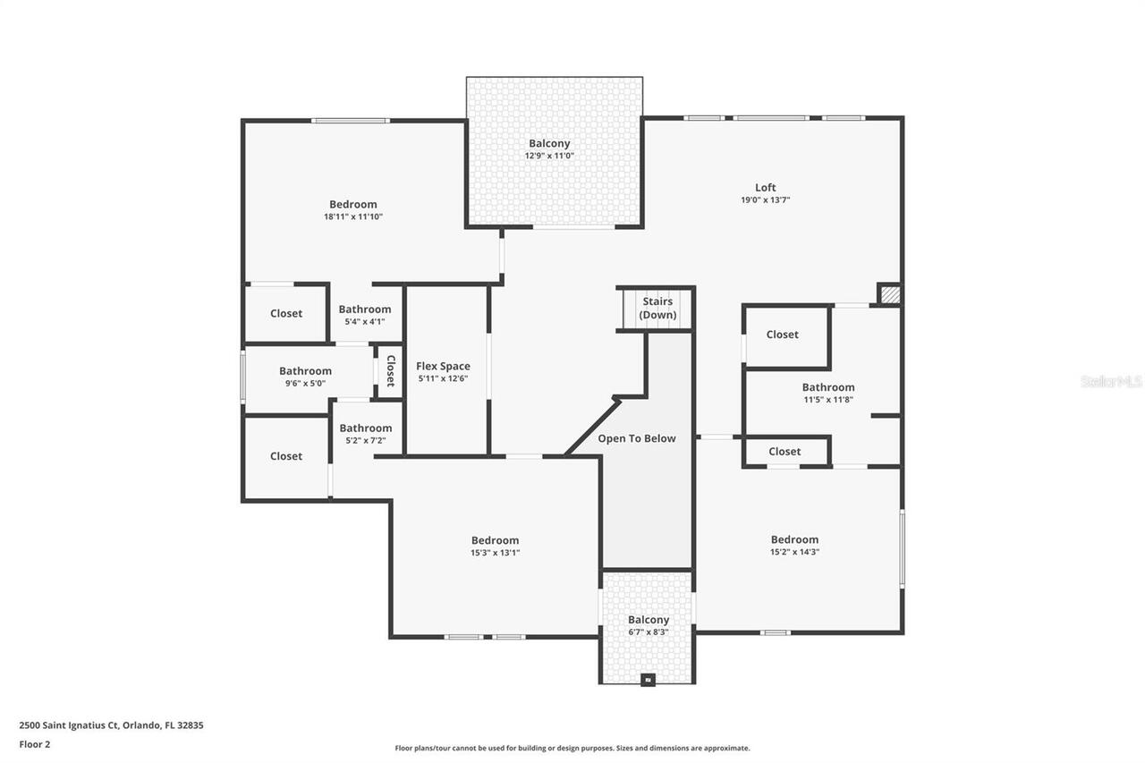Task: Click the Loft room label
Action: point(765,187)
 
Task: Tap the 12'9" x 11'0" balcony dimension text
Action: point(548,156)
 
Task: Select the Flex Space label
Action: point(443,366)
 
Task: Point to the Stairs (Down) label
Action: point(657,309)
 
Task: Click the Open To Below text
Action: point(636,438)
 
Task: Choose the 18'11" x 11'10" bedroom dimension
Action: point(352,216)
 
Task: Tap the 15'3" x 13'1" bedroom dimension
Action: point(495,553)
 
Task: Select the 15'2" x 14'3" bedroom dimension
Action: point(794,552)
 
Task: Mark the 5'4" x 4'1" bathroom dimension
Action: point(364,322)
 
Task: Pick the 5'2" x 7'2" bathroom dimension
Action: point(365,440)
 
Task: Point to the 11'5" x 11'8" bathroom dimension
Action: point(827,400)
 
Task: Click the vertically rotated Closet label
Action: point(390,370)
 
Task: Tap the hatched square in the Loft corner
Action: point(889,294)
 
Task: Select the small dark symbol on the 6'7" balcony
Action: point(648,679)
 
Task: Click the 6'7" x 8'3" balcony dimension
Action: point(648,632)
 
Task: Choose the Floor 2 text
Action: point(34,743)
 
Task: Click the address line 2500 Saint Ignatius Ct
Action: point(111,725)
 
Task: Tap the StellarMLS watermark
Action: point(1111,381)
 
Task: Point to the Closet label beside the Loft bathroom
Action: point(782,335)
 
